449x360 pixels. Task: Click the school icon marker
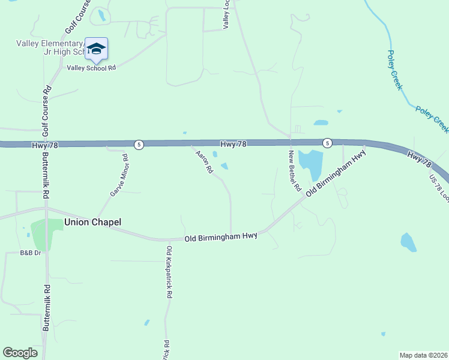click(96, 49)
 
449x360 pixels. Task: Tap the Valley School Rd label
click(91, 68)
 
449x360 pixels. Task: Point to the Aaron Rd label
click(205, 162)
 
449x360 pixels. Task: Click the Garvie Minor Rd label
click(119, 176)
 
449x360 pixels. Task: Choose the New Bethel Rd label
click(294, 171)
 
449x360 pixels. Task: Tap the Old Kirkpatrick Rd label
click(170, 272)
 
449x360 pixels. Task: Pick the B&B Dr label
click(30, 253)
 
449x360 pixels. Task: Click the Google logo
click(20, 353)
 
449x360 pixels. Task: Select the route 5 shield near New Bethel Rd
click(327, 143)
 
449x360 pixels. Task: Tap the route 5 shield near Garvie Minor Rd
click(139, 145)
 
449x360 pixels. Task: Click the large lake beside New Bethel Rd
click(311, 163)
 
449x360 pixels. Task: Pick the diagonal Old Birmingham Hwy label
click(336, 174)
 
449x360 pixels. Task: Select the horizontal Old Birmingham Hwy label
click(221, 238)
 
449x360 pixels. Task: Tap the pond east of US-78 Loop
click(408, 242)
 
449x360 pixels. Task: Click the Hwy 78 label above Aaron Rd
click(234, 144)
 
